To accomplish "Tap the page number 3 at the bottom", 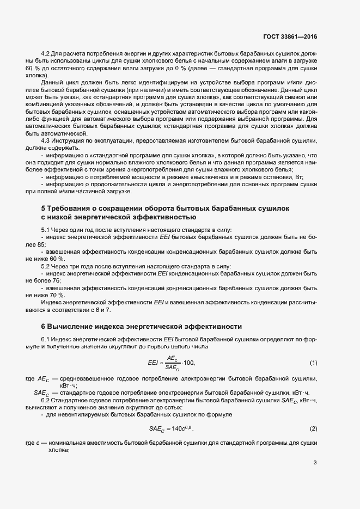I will coord(315,463).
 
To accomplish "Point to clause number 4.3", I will coord(46,140).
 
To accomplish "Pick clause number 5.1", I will coord(46,230).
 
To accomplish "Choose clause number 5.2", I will coord(46,266).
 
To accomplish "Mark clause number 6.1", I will coord(46,339).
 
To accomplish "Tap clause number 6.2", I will coord(46,400).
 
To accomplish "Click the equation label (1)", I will coord(313,363).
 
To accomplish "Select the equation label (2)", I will coord(313,429).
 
